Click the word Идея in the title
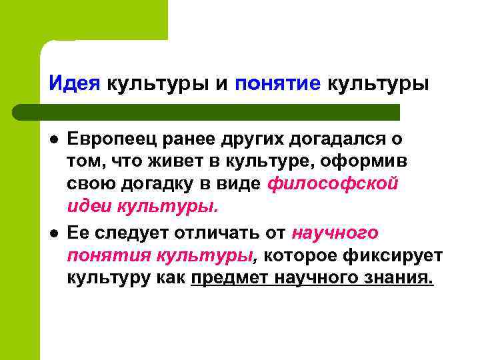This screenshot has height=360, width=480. point(74,85)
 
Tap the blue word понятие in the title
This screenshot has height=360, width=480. point(278,85)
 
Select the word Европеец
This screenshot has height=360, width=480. point(111,141)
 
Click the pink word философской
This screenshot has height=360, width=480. point(333,185)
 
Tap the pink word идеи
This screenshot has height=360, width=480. point(90,207)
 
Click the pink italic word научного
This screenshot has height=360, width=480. point(335,233)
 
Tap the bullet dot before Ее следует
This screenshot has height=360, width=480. point(53,234)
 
